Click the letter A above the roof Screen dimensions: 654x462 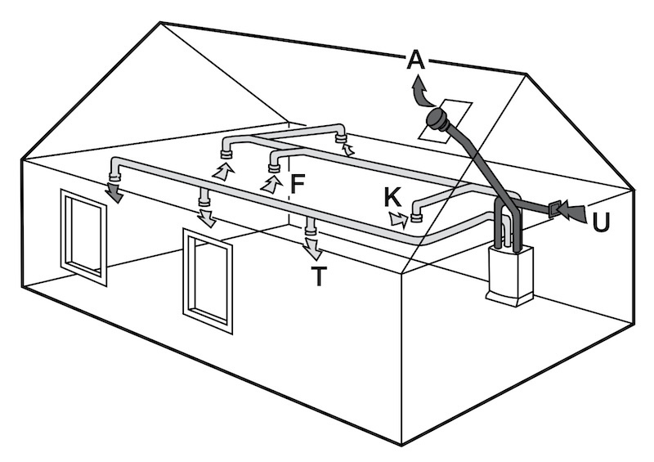pos(415,59)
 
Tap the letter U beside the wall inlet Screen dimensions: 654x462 pos(601,222)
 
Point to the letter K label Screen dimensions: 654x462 pos(392,197)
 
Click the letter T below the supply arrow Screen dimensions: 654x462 pos(318,276)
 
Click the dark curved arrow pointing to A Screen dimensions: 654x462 pos(422,92)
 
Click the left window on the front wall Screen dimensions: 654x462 pos(83,236)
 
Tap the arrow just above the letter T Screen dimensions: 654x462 pos(312,248)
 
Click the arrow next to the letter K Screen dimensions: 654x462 pos(398,218)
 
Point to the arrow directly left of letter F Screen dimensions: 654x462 pos(270,184)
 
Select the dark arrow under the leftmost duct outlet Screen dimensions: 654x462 pos(114,192)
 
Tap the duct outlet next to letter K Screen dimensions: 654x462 pos(416,218)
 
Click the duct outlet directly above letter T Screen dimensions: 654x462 pos(310,229)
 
